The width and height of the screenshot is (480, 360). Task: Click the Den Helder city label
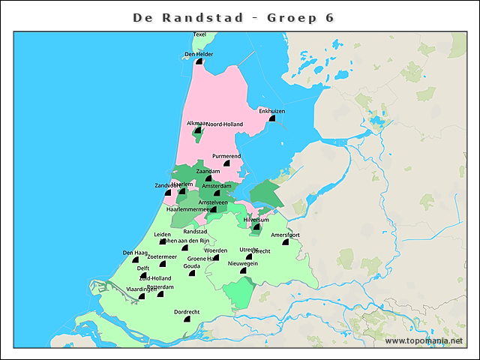click(199, 54)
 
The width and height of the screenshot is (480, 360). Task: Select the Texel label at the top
click(199, 34)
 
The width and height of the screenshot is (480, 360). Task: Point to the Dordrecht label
click(187, 311)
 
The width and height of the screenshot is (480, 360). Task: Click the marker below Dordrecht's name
click(187, 319)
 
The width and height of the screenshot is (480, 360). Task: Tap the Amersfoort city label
click(285, 235)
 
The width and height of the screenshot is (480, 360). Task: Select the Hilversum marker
click(256, 226)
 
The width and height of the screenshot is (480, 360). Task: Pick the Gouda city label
click(192, 266)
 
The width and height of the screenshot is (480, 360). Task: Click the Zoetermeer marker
click(162, 264)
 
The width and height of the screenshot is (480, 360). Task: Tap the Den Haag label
click(135, 253)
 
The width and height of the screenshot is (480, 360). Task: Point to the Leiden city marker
click(163, 241)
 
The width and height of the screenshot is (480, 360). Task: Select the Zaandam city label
click(208, 171)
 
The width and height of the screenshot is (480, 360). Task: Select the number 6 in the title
click(330, 17)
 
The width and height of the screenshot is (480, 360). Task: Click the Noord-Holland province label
click(226, 124)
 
